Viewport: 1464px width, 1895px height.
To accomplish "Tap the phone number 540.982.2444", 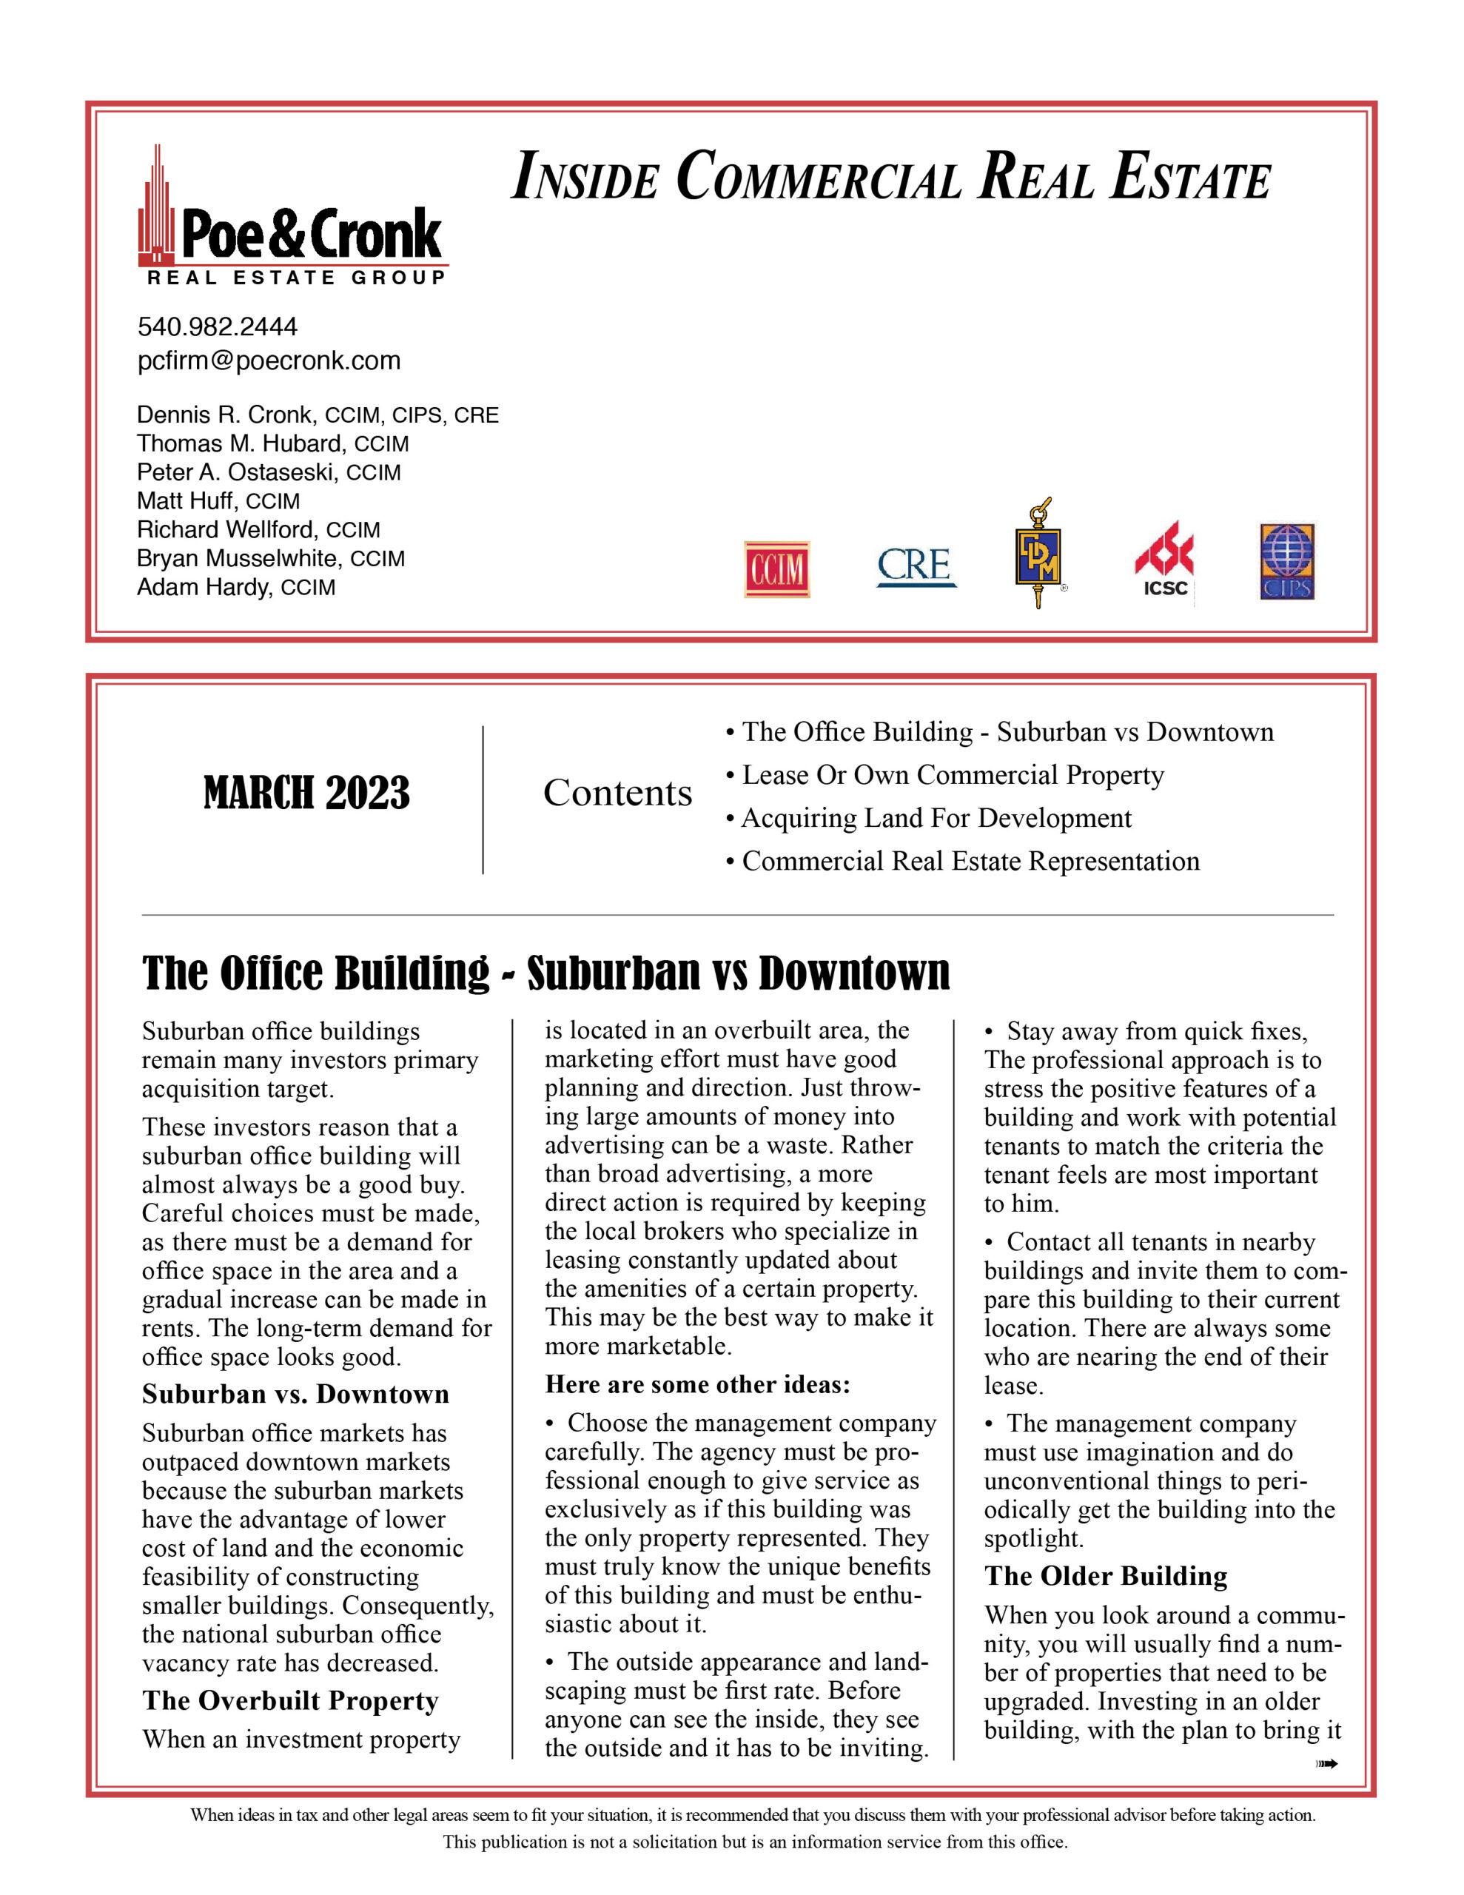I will tap(217, 327).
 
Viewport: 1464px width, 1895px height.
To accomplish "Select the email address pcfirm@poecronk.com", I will tap(269, 361).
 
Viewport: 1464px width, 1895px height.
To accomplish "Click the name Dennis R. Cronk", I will tap(224, 415).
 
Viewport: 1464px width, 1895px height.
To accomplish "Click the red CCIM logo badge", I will tap(776, 569).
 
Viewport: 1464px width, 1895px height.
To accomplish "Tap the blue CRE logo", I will tap(916, 566).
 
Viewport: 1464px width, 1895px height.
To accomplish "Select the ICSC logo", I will tap(1164, 560).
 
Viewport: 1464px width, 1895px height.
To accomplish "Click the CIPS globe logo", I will tap(1287, 561).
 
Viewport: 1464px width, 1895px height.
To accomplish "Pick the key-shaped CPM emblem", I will tap(1038, 553).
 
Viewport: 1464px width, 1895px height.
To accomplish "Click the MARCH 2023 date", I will tap(306, 793).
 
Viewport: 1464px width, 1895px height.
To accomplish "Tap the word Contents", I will tap(617, 793).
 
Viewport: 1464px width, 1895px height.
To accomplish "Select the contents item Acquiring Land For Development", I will tap(936, 818).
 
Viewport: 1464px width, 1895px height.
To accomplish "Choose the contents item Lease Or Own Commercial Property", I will tap(952, 775).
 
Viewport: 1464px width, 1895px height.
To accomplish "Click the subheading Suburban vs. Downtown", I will tap(296, 1395).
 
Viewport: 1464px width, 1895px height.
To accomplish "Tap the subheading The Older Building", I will tap(1106, 1576).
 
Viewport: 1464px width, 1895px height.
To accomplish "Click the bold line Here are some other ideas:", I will tap(698, 1384).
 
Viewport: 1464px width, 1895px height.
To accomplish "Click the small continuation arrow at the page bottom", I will tap(1327, 1764).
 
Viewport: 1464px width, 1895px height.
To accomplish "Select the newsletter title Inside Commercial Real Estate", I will tap(890, 176).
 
